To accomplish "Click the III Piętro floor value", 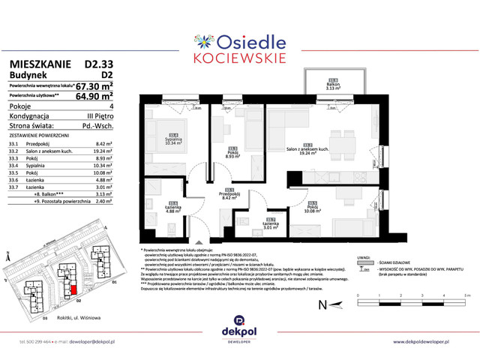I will tap(98, 117).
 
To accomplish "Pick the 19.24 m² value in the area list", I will tap(100, 151).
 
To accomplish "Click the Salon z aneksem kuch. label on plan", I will tap(307, 149).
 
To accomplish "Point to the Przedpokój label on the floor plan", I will tap(229, 195).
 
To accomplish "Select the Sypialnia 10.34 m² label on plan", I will tap(172, 139).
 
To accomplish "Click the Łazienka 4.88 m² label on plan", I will tap(172, 208).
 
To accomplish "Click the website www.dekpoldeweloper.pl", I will tap(432, 341).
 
